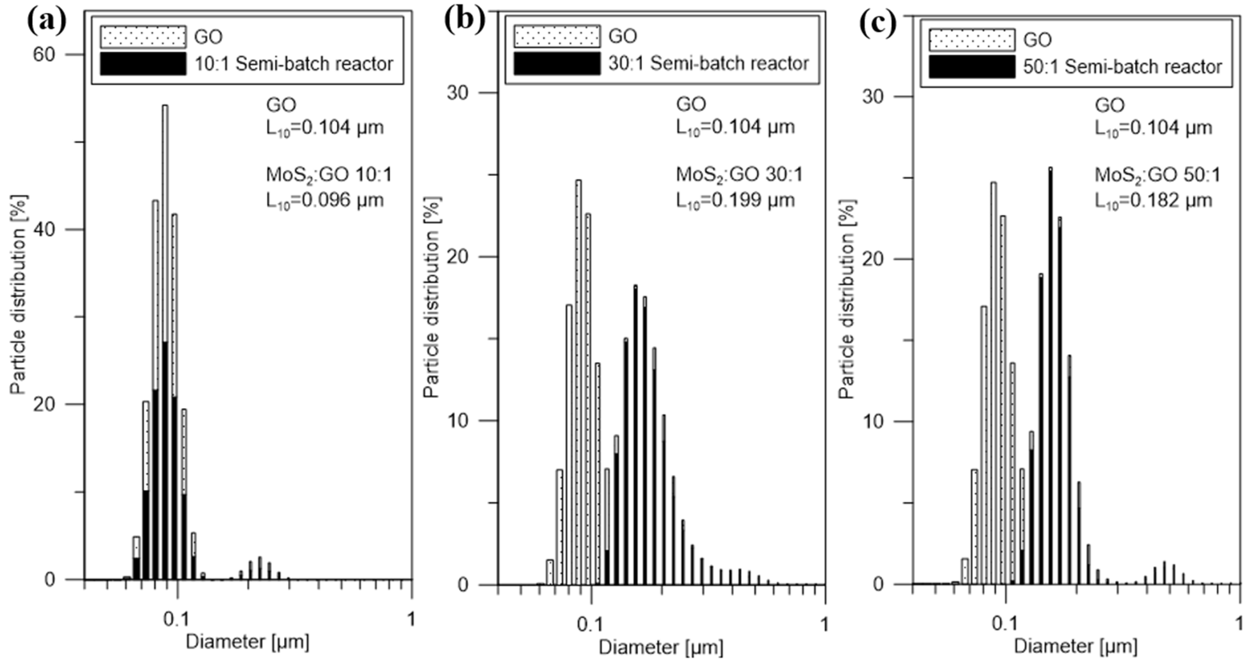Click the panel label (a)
[47, 22]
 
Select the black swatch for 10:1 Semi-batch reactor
[143, 64]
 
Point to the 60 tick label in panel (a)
[44, 54]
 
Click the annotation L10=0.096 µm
[324, 200]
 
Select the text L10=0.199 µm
[735, 200]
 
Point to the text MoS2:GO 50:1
[1156, 175]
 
